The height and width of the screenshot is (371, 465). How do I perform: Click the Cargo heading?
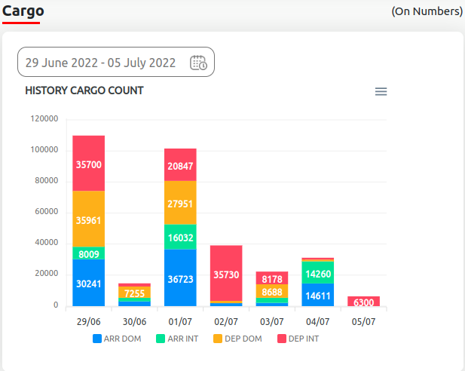pyautogui.click(x=23, y=11)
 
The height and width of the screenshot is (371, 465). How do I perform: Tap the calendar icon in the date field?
pyautogui.click(x=199, y=63)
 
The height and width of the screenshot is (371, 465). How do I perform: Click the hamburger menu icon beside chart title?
pyautogui.click(x=381, y=91)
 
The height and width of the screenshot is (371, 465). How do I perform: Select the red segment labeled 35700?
pyautogui.click(x=89, y=164)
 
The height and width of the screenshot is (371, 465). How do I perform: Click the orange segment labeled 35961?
pyautogui.click(x=89, y=219)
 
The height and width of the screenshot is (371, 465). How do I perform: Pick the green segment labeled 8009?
pyautogui.click(x=89, y=253)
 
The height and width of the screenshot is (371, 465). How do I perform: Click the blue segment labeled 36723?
pyautogui.click(x=181, y=277)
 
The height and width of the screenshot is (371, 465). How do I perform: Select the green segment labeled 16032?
pyautogui.click(x=181, y=236)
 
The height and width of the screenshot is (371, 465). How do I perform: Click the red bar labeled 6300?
pyautogui.click(x=364, y=302)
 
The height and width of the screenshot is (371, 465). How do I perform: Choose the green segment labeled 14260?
pyautogui.click(x=318, y=273)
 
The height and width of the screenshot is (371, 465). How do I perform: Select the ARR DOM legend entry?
pyautogui.click(x=117, y=339)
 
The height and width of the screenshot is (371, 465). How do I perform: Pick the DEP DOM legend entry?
pyautogui.click(x=237, y=339)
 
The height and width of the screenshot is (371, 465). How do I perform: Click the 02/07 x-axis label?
pyautogui.click(x=227, y=320)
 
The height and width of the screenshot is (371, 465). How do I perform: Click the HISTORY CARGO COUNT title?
pyautogui.click(x=84, y=90)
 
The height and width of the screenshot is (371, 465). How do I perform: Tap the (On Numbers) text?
pyautogui.click(x=427, y=11)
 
